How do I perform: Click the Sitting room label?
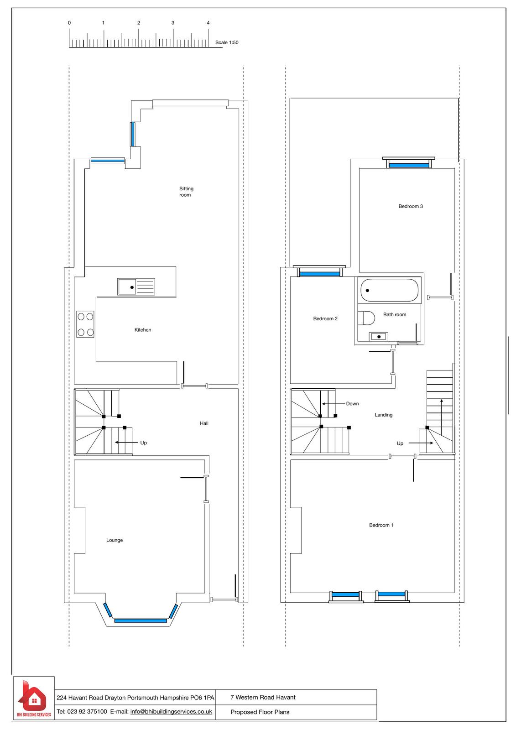coord(186,192)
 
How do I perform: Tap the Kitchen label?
coord(143,330)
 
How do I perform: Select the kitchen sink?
coord(136,287)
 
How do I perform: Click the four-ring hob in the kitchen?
coord(85,324)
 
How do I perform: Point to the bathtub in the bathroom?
coord(389,290)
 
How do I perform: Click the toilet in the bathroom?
coord(366,318)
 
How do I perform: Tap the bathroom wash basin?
coord(378,336)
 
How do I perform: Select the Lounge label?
coord(115,540)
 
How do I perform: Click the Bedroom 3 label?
coord(411,206)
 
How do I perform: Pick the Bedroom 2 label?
coord(325,318)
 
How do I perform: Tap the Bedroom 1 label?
coord(381,525)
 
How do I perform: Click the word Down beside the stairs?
coord(352,403)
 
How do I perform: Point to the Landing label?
coord(383,415)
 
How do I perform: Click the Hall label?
coord(204,423)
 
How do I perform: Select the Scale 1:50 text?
coord(227,42)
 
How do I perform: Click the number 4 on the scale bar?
coord(208,23)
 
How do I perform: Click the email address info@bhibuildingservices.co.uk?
coord(171,711)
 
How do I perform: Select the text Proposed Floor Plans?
coord(260,712)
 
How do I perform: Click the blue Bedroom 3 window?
coord(409,165)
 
